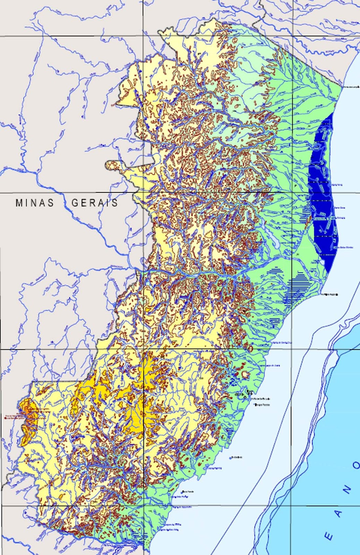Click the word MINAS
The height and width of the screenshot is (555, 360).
[35, 203]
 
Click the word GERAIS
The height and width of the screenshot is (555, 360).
[95, 203]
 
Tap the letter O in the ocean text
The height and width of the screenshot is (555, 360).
[357, 465]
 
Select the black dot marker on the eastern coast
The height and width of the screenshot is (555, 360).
[337, 294]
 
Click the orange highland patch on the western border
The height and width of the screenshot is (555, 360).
[26, 421]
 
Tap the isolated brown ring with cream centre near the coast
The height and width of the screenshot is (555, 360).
[247, 375]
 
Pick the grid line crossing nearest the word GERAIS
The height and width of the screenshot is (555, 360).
[144, 192]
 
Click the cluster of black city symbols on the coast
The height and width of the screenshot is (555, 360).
[247, 394]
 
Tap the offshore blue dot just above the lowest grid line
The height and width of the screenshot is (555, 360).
[183, 492]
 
